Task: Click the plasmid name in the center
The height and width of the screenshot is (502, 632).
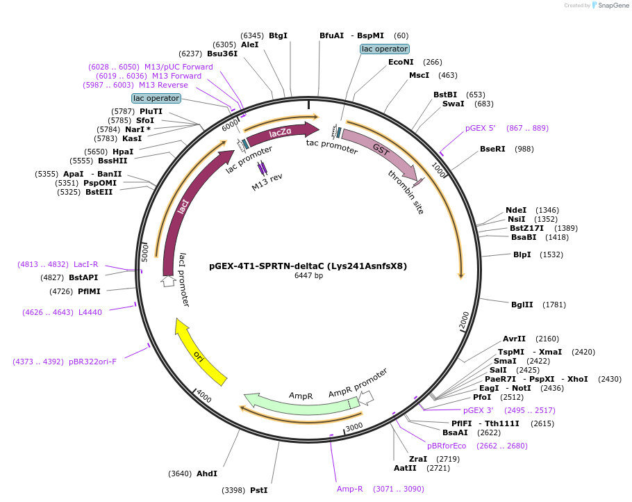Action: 308,266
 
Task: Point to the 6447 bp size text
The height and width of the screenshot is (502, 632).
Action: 308,275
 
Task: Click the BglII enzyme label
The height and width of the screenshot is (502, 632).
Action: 522,305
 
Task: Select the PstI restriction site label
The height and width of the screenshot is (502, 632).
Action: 259,490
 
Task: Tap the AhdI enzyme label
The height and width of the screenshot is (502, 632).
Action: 207,473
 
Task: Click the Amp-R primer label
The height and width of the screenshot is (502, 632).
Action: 350,489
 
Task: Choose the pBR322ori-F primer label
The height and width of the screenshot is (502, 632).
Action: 92,362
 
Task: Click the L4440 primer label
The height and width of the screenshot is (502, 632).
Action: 90,312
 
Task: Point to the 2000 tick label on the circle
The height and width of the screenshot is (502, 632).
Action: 465,321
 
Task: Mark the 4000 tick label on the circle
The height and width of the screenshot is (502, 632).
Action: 204,397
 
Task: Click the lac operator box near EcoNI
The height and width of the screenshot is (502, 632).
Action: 385,49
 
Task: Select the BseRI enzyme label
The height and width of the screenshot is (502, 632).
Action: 492,149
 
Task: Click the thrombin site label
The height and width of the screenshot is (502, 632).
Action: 406,192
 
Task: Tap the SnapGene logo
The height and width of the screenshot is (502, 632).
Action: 610,6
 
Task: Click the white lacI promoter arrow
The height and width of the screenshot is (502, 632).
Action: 168,282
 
